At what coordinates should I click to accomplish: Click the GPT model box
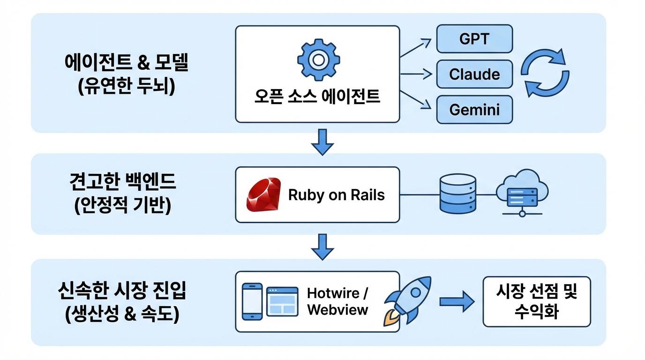coord(474,39)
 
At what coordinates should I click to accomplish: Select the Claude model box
coord(474,74)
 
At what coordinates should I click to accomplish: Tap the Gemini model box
coord(474,110)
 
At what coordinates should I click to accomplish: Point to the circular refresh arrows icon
coord(545,74)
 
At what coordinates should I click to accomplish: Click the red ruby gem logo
coord(264,195)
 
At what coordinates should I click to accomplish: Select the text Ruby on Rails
coord(336,195)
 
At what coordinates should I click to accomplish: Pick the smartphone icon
coord(252,301)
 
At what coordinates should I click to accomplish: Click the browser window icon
coord(282,301)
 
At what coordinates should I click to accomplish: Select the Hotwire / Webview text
coord(338,301)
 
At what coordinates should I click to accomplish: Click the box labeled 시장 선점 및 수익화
coord(537,301)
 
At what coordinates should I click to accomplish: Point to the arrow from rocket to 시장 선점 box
coord(457,301)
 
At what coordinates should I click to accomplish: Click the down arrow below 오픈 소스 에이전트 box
coord(322,141)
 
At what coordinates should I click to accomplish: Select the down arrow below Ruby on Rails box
coord(322,246)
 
